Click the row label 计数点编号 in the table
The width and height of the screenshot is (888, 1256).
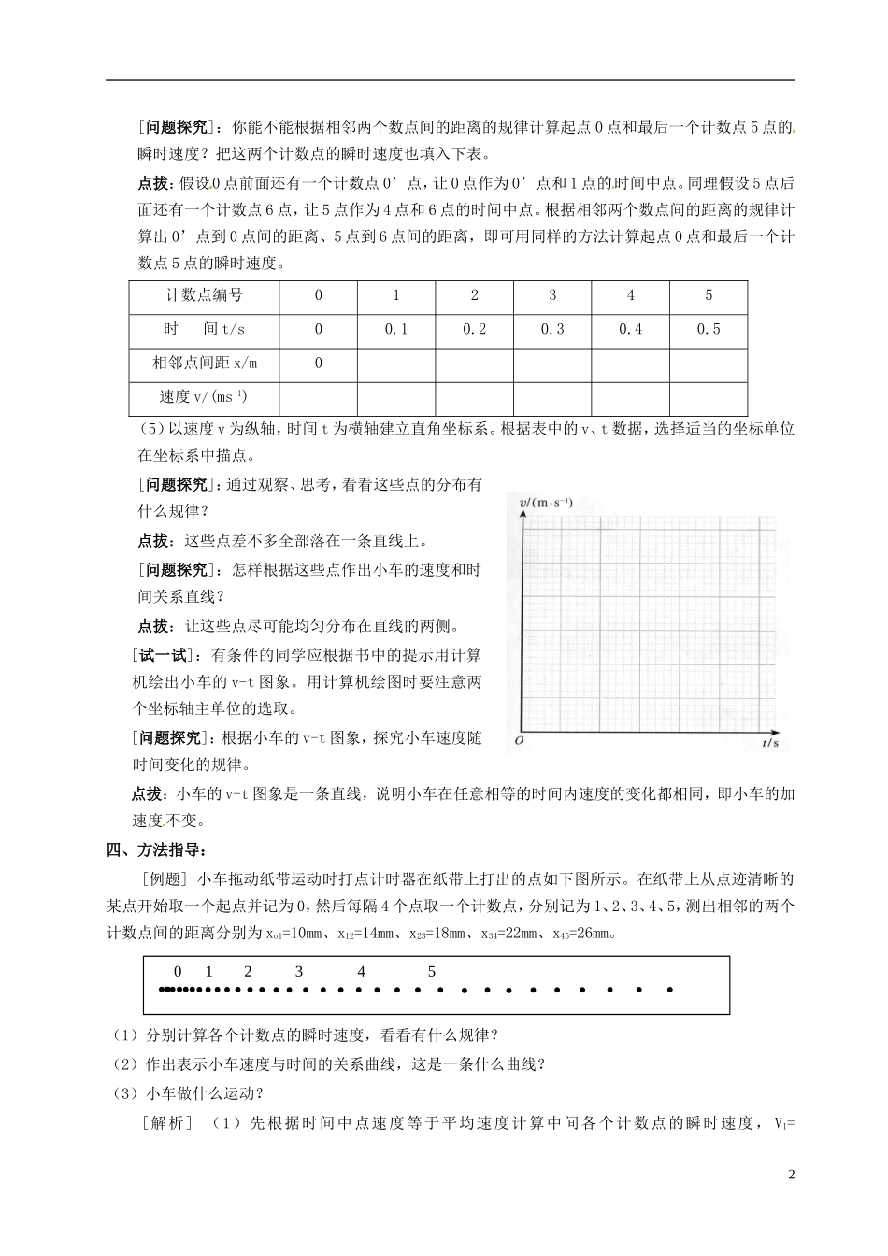coord(204,295)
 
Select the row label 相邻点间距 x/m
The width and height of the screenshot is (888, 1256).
coord(204,363)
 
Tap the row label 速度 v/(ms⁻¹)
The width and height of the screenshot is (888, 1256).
coord(204,396)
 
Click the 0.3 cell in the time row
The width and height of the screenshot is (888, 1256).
coord(552,329)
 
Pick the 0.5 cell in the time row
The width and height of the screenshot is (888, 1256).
coord(709,329)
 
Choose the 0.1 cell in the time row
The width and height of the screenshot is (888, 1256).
coord(396,329)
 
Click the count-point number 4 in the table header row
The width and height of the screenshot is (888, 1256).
coord(631,295)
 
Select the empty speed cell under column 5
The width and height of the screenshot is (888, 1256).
coord(709,397)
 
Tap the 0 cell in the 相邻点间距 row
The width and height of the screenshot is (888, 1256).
coord(319,363)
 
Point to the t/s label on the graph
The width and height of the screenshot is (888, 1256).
coord(770,743)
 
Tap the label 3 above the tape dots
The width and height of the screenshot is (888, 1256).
coord(299,972)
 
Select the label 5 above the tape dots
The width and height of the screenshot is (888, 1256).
coord(432,972)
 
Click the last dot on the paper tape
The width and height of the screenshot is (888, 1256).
coord(669,990)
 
